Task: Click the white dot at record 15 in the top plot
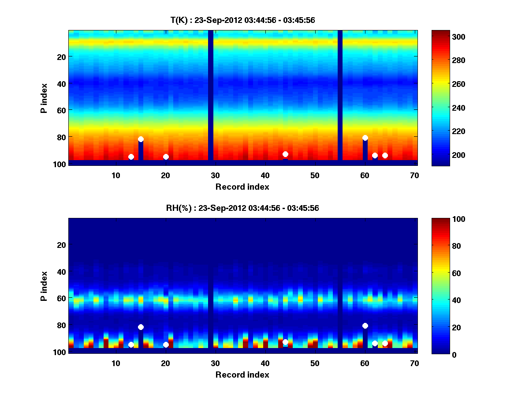pyautogui.click(x=141, y=139)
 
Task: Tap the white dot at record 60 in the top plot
pyautogui.click(x=365, y=138)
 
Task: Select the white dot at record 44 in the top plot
pyautogui.click(x=285, y=154)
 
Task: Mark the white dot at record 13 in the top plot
pyautogui.click(x=131, y=157)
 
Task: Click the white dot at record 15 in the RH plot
pyautogui.click(x=141, y=327)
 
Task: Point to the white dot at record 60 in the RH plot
pyautogui.click(x=365, y=326)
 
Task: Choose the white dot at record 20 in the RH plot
pyautogui.click(x=166, y=345)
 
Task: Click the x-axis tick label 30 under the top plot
pyautogui.click(x=215, y=175)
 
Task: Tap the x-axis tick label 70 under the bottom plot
pyautogui.click(x=414, y=363)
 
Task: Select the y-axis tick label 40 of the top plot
pyautogui.click(x=61, y=83)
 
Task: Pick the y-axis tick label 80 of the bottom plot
pyautogui.click(x=61, y=326)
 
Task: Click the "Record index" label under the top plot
pyautogui.click(x=242, y=187)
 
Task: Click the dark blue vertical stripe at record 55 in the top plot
pyautogui.click(x=340, y=95)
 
